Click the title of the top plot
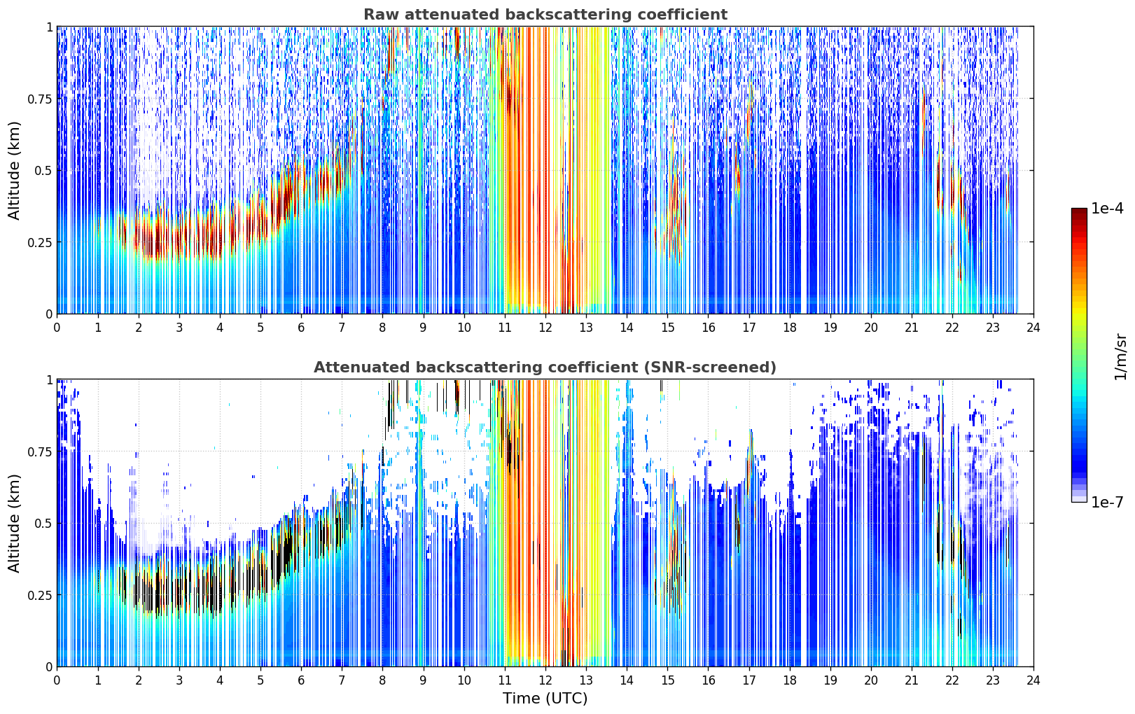[545, 14]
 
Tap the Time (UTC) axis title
[545, 699]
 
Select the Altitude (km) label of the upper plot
[14, 170]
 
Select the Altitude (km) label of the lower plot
[14, 523]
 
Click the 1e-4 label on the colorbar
[1107, 208]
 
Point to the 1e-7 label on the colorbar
[1107, 503]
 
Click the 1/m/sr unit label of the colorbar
[1121, 357]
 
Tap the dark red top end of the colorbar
[1079, 211]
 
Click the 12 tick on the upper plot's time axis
[545, 327]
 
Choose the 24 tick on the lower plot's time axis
[1033, 680]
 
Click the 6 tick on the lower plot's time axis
[301, 680]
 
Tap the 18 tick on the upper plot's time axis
[789, 327]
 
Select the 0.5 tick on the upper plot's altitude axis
[43, 171]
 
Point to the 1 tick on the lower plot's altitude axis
[50, 380]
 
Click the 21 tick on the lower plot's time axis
[912, 680]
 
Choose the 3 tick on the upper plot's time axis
[179, 327]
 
